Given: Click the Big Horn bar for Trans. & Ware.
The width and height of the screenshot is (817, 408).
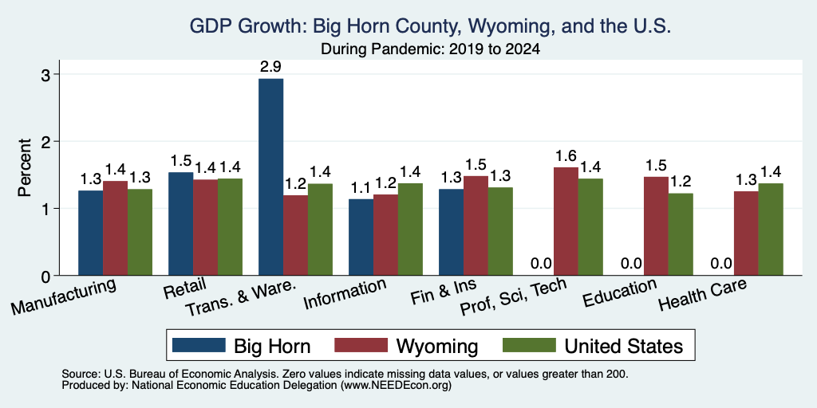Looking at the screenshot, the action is coord(271,177).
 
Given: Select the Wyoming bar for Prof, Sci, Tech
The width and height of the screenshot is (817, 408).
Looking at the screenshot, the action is coord(566,222).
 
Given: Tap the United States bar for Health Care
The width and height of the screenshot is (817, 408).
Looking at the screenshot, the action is coord(771,229).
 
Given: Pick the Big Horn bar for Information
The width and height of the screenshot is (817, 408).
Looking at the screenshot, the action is coord(361,237).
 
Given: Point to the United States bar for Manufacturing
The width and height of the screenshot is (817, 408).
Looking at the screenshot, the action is coord(140,232).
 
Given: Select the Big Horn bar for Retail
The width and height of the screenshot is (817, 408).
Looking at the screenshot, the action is coord(181,224).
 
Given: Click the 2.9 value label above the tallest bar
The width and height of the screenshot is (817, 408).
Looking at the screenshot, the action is coord(271,67).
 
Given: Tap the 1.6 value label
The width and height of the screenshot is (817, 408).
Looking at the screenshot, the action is coord(566,155).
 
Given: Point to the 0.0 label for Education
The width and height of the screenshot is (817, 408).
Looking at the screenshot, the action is coord(632,264).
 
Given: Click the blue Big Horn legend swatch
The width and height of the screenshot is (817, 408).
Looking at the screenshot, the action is coord(199,345).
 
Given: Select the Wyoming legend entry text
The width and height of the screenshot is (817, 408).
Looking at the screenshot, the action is coord(436,346).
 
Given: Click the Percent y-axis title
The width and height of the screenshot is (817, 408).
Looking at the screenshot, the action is coord(25,167).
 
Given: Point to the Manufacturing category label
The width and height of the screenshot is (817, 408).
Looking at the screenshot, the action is coord(63,296).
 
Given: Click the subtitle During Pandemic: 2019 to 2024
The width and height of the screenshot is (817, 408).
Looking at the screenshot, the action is coord(430,49).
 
